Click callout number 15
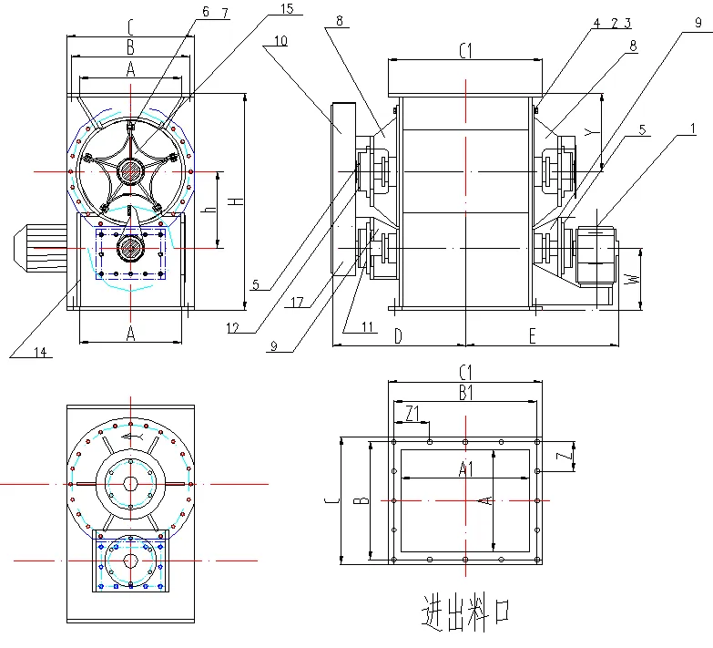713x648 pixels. [x=262, y=9]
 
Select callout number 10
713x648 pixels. [x=279, y=40]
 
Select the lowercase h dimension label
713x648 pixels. [x=208, y=209]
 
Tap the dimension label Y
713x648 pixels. [x=589, y=132]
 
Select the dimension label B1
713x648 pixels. [x=464, y=392]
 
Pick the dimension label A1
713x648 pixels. [x=464, y=471]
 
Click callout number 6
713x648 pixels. [x=205, y=12]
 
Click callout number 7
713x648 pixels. [x=224, y=12]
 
